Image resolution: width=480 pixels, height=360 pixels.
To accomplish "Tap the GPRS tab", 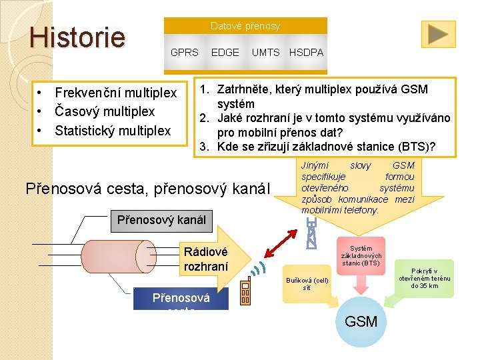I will pos(185,52).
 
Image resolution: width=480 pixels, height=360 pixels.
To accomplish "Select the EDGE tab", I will pos(225,52).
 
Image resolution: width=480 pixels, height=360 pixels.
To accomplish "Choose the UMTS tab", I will pos(265,52).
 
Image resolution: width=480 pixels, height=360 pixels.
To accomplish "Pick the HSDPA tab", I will pos(306,52).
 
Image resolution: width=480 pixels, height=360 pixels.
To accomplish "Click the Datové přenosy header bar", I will pos(245,26).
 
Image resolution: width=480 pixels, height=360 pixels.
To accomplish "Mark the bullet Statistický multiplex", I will pos(113,131).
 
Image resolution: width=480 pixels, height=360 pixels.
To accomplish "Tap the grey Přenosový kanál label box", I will pos(161,219).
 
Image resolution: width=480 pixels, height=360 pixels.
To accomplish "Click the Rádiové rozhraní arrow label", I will pos(205,259).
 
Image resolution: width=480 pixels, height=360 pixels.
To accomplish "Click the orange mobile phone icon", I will pos(245,290).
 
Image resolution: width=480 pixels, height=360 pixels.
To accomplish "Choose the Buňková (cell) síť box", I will pos(307,284).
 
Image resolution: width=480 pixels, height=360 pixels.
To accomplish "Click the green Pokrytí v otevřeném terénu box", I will pos(425,278).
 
